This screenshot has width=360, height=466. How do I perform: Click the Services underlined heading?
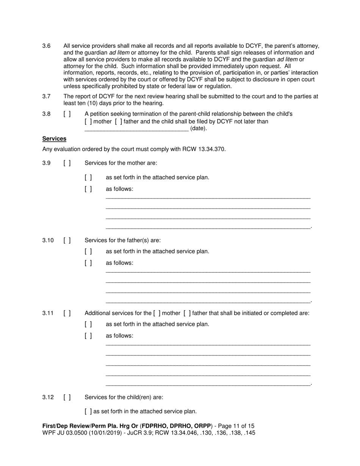[54, 139]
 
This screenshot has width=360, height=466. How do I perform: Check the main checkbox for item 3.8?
[67, 114]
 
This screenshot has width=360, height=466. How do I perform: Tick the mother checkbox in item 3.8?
[88, 121]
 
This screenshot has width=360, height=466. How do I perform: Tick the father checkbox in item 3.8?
[119, 121]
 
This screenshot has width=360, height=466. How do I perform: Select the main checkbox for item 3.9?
[67, 163]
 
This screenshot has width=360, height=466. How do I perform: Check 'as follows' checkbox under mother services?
[88, 189]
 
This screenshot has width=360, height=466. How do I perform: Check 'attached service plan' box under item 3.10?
[88, 251]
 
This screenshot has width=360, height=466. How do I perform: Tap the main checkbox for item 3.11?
[67, 313]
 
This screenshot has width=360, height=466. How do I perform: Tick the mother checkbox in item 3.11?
[157, 313]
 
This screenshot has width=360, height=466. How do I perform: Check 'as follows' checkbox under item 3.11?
[88, 336]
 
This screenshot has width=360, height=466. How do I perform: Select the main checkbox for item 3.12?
[67, 397]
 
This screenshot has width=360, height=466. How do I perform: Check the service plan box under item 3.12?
[88, 411]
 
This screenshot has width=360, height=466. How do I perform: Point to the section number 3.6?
[46, 46]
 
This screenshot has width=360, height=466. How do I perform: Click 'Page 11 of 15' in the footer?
[236, 426]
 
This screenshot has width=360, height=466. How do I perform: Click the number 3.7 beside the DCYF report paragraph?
[46, 96]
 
